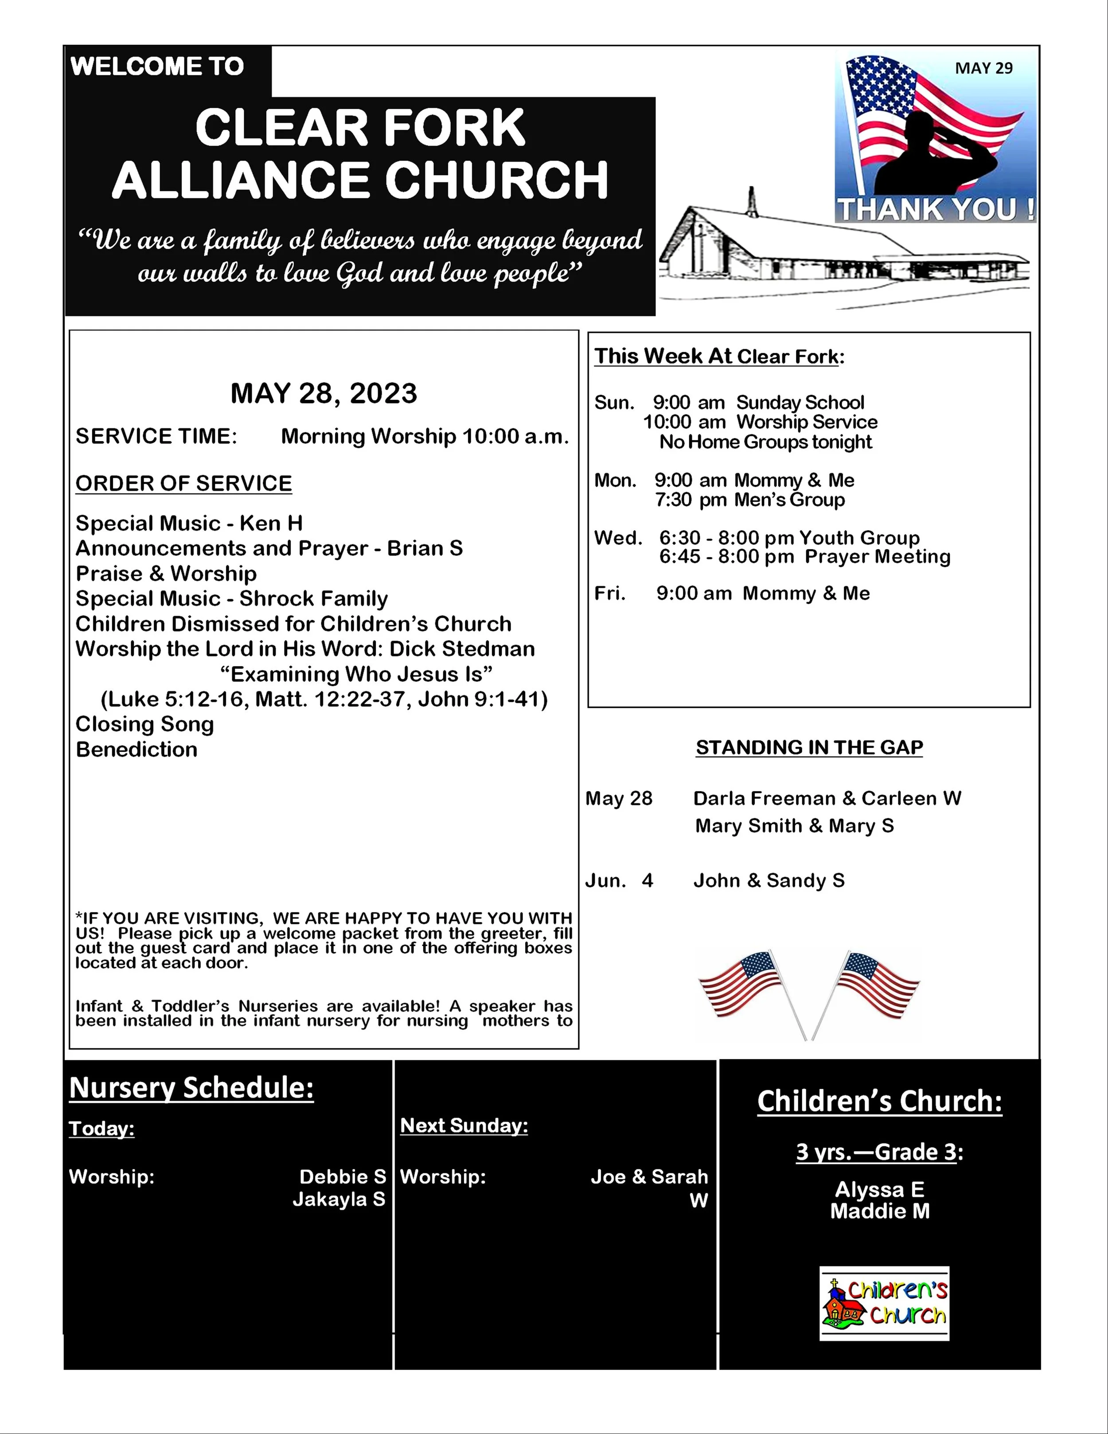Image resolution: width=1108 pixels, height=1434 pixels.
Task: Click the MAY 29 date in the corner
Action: (x=983, y=68)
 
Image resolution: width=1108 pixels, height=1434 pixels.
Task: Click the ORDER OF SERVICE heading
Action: (x=184, y=483)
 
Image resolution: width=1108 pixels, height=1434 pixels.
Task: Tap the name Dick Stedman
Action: (x=462, y=649)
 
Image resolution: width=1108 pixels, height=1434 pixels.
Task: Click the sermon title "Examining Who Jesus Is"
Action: (x=356, y=674)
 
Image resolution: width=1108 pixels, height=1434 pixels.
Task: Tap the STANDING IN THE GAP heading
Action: (x=809, y=747)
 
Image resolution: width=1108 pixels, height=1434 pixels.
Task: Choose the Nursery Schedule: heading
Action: (x=191, y=1088)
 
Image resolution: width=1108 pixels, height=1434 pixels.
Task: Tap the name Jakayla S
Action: (x=339, y=1200)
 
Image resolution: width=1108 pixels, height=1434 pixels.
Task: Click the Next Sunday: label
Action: (x=464, y=1125)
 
